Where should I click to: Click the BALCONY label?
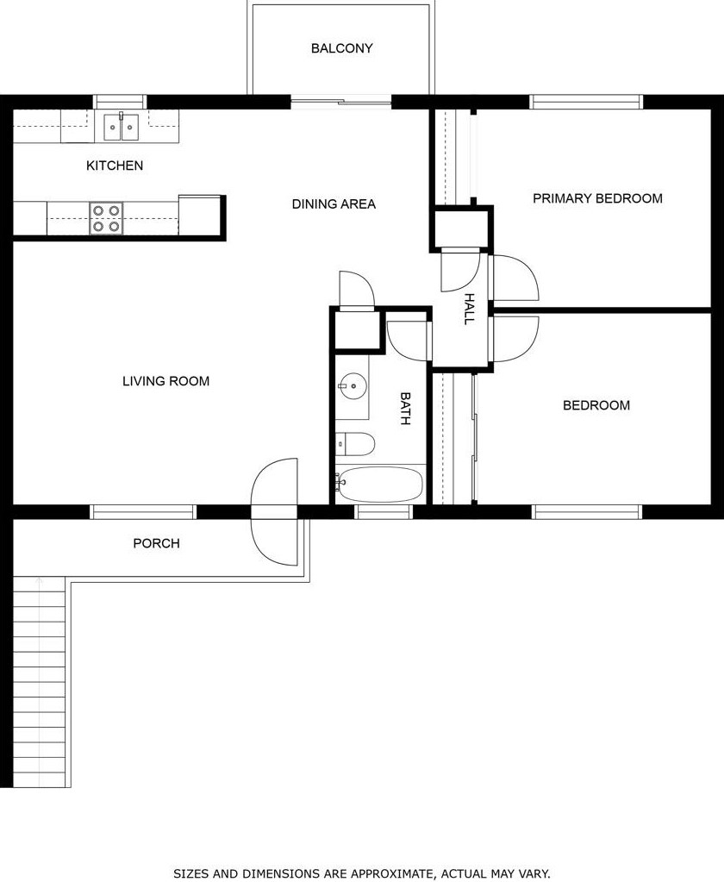(342, 48)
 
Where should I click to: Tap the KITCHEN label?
(115, 166)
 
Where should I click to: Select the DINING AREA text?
(334, 203)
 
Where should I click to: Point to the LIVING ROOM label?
(165, 381)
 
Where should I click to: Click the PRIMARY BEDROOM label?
(597, 198)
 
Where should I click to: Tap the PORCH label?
(156, 543)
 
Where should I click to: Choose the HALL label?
(470, 309)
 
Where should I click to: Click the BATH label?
(405, 409)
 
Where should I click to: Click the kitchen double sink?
(122, 127)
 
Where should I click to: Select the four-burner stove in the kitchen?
(106, 218)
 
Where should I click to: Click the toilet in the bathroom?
(355, 444)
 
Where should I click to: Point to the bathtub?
(381, 484)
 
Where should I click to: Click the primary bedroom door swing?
(515, 278)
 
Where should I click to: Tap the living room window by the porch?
(143, 512)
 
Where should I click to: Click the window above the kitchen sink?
(120, 102)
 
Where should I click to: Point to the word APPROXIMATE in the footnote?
(392, 873)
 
